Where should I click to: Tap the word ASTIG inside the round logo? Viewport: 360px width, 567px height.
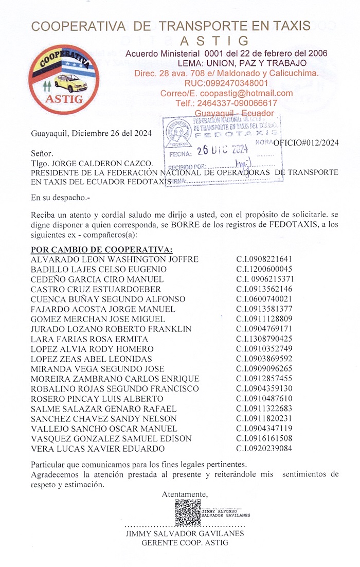point(64,99)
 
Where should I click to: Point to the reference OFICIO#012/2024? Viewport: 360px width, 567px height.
point(306,144)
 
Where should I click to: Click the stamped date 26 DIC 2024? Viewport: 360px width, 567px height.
point(223,150)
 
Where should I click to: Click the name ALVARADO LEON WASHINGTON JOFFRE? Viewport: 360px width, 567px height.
point(115,259)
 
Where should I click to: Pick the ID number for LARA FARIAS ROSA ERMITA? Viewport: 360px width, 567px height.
point(264,339)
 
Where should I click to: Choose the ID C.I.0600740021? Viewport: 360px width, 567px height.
point(264,299)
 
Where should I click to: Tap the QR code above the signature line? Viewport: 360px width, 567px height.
point(188,512)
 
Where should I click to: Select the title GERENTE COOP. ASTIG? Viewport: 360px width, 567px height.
point(185,543)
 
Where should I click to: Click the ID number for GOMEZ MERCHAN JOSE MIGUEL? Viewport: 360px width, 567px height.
point(264,320)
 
